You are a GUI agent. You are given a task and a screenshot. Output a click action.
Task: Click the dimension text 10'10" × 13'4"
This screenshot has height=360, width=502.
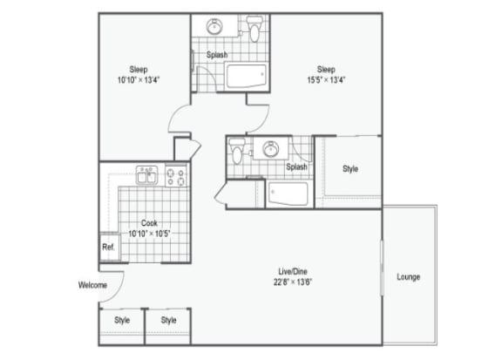coord(138,80)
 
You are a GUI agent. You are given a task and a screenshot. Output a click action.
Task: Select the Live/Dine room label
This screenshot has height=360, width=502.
coord(291,270)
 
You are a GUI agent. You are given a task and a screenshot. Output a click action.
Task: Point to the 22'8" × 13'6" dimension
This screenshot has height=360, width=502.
coord(291,281)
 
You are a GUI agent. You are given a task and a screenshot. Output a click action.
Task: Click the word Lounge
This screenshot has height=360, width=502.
coord(408,277)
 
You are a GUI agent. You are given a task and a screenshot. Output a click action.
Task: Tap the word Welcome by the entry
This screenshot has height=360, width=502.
coord(92,285)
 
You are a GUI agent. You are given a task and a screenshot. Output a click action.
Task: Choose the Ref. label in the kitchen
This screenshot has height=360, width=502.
coord(108,247)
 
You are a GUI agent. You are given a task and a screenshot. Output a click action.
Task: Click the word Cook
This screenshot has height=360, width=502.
coord(149,223)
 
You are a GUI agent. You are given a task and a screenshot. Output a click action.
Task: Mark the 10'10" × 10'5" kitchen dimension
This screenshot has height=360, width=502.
coord(149,234)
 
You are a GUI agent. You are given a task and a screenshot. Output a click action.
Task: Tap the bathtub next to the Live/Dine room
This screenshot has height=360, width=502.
coord(287,193)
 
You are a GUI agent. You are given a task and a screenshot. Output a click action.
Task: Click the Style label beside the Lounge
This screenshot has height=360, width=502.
coord(349,169)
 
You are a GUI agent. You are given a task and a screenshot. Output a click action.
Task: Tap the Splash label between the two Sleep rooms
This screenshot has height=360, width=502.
coord(217,55)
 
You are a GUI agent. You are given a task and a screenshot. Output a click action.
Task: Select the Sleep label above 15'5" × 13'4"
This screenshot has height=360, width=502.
coord(326,70)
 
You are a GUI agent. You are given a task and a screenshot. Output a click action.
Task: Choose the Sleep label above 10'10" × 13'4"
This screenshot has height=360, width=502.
coord(138,70)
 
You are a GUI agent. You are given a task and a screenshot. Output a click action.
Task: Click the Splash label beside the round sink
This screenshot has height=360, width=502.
coord(296,166)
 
